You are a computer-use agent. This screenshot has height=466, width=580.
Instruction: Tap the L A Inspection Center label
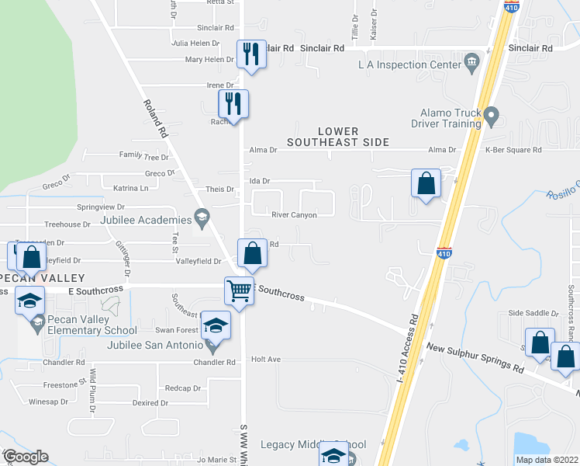409,64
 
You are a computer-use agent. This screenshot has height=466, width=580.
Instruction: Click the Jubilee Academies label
146,220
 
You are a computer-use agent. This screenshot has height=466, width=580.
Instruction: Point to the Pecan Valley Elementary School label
103,325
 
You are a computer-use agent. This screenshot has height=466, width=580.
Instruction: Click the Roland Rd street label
155,119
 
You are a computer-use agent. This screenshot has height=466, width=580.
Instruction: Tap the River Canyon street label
294,215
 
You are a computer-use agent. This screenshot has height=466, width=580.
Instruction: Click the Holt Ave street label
266,360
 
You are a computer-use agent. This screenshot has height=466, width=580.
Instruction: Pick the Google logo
25,457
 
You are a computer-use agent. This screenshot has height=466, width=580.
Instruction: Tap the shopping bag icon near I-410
426,184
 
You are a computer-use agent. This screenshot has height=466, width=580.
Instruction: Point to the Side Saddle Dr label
533,313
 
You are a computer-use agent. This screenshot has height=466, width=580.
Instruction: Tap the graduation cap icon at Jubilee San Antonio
216,325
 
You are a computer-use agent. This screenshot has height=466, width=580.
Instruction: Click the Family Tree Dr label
143,157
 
